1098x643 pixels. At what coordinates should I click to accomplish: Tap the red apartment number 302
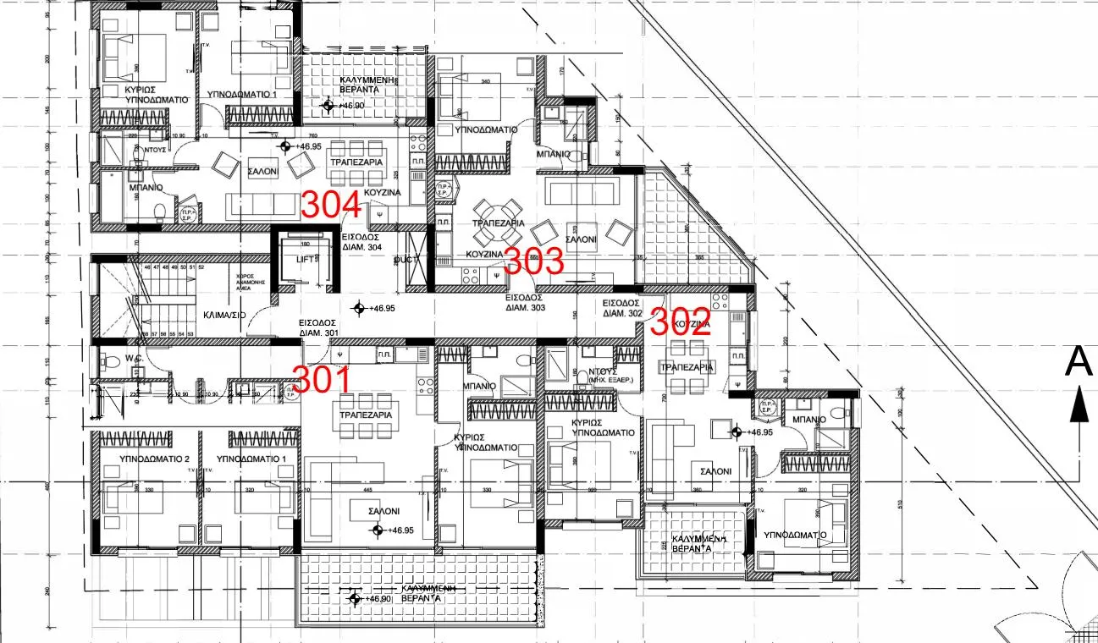pos(680,322)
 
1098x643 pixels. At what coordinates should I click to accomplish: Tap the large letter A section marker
pos(1078,361)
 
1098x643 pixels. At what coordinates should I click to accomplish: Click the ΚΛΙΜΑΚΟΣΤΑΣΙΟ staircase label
pos(224,314)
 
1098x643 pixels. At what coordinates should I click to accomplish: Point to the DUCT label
pos(406,260)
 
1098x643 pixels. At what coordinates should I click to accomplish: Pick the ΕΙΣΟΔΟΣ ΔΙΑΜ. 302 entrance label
pos(622,307)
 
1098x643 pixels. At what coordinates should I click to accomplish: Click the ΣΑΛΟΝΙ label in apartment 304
pos(262,170)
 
